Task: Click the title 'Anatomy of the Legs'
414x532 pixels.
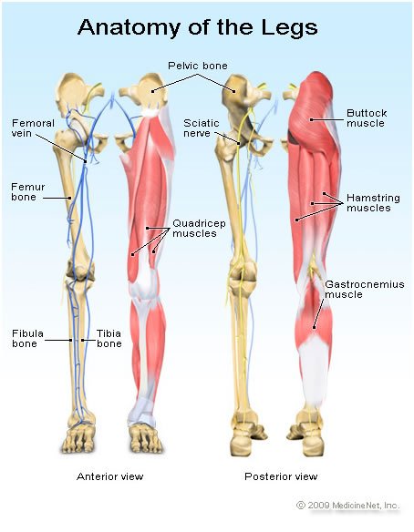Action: (198, 26)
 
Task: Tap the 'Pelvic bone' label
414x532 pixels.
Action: (198, 66)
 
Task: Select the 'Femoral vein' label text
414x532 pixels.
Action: (33, 128)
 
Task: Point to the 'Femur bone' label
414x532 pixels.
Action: (28, 191)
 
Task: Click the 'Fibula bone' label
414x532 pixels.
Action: (28, 338)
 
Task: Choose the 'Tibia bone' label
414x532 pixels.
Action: (109, 338)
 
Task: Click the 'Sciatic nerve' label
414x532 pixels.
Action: (202, 128)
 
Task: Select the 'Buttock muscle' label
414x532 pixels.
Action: (367, 118)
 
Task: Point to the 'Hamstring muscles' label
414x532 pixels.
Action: (373, 202)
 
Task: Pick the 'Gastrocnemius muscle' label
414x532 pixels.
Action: (365, 289)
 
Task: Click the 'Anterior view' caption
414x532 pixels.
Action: (110, 476)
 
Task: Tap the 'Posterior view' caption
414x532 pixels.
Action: (281, 476)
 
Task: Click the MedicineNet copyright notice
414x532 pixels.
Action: (347, 506)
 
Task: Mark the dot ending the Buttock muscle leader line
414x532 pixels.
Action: (311, 119)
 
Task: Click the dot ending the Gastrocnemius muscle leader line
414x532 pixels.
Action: (315, 328)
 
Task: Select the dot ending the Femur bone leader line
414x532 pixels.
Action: (70, 198)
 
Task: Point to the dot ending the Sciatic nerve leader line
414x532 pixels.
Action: (239, 144)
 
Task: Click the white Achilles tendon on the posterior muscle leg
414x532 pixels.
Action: (315, 370)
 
